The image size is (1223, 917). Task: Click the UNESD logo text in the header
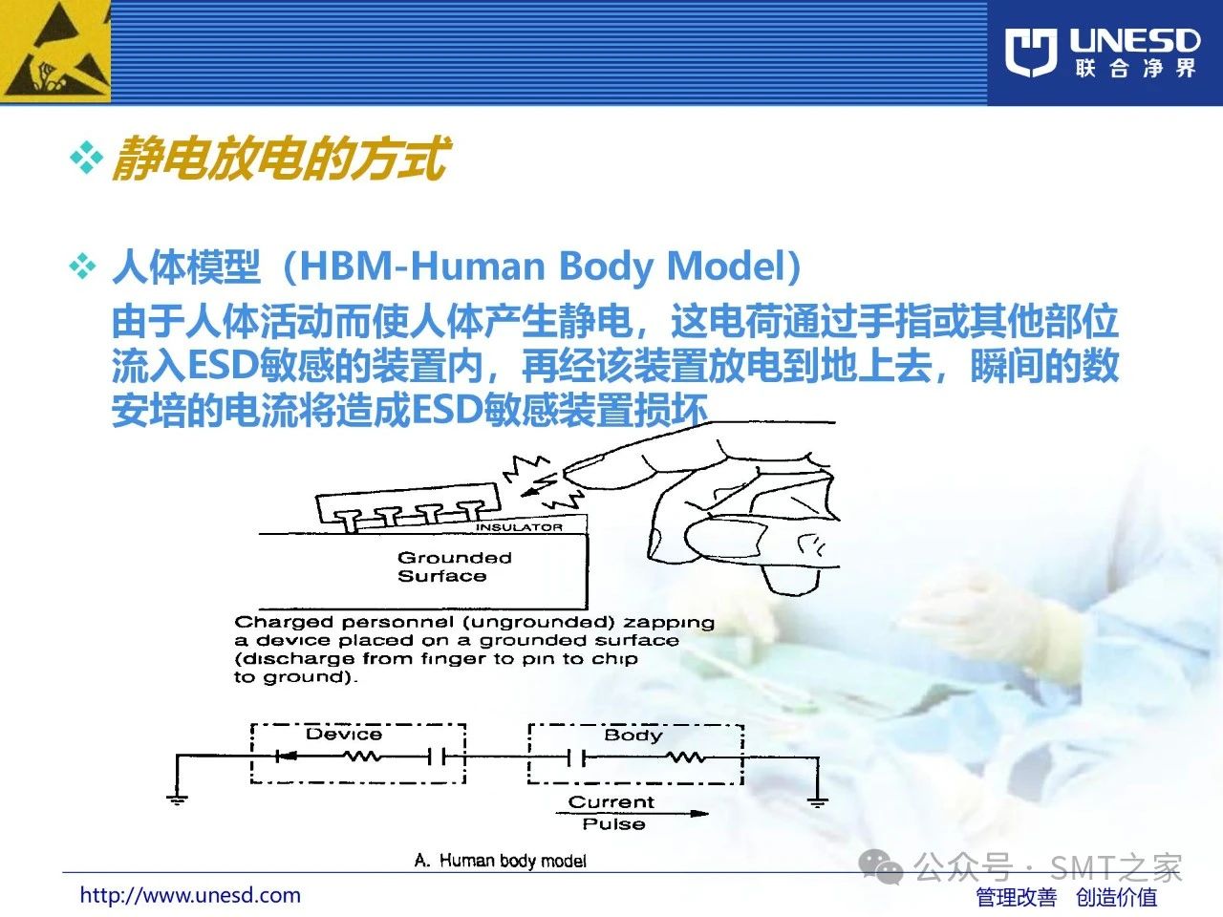[x=1135, y=41]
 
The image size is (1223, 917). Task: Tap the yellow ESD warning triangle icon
[x=54, y=52]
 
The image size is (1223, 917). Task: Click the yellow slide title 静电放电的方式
[x=280, y=159]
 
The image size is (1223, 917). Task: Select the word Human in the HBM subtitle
[x=478, y=267]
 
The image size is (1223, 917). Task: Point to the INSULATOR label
[x=519, y=526]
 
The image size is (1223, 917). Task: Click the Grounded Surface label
[x=454, y=566]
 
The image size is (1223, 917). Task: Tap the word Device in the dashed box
[x=344, y=734]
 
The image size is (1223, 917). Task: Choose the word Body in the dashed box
[x=633, y=736]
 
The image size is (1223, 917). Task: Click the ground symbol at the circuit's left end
[x=177, y=800]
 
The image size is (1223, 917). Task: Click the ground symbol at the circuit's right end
[x=817, y=802]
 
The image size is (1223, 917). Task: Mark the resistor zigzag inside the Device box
[x=363, y=757]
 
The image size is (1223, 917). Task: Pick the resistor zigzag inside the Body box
[x=686, y=757]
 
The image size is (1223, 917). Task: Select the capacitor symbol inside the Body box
[x=576, y=757]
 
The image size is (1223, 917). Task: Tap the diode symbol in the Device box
[x=286, y=757]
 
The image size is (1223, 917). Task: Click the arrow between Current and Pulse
[x=632, y=814]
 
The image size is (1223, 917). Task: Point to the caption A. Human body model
[x=501, y=861]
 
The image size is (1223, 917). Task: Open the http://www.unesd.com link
[x=190, y=895]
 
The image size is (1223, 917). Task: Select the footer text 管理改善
[x=1017, y=897]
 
